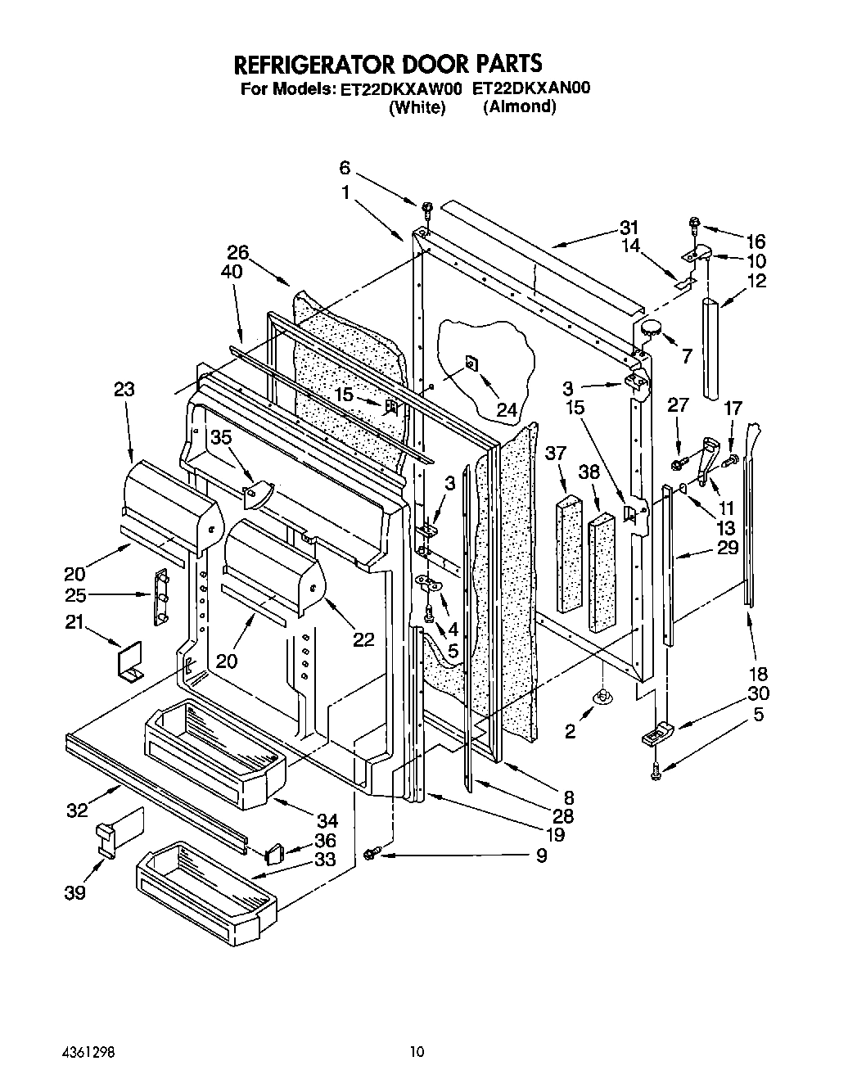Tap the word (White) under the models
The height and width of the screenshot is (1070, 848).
coord(417,107)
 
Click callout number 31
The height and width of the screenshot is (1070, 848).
coord(628,228)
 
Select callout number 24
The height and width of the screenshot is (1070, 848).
coord(507,409)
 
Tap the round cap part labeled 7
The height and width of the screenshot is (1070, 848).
coord(652,328)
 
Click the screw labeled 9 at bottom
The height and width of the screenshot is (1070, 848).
coord(370,855)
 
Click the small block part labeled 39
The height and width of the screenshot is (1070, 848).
coord(106,839)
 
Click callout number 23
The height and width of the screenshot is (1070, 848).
coord(124,391)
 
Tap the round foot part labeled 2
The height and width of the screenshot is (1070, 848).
coord(603,696)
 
